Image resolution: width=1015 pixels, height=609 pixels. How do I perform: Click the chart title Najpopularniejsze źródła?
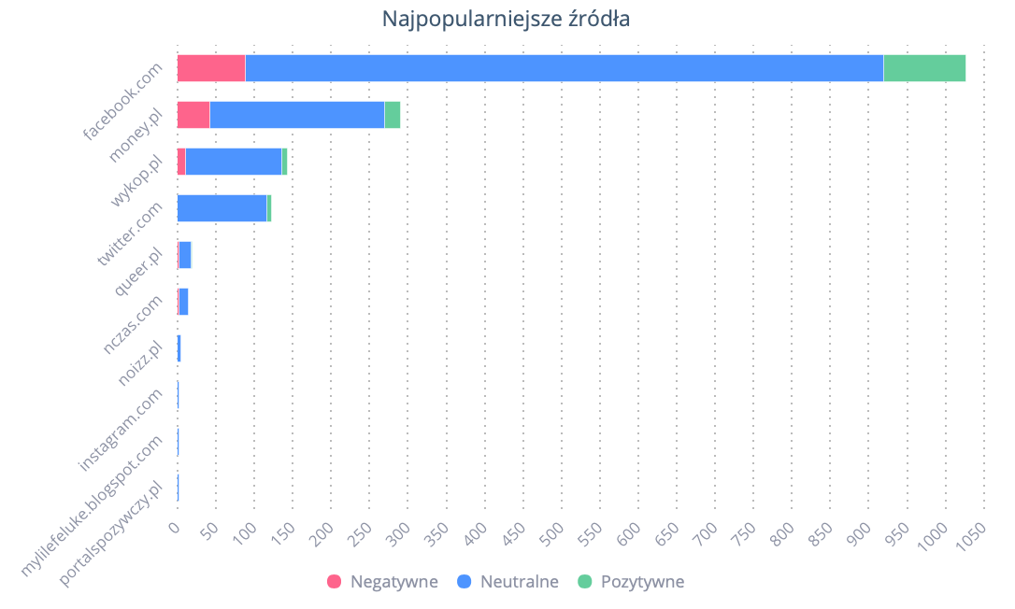(506, 19)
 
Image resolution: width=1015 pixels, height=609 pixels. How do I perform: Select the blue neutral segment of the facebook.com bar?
(564, 68)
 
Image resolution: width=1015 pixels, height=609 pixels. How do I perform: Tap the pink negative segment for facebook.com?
(211, 68)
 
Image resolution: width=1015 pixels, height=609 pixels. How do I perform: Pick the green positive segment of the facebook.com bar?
(923, 68)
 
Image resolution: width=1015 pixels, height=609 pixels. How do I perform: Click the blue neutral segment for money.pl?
(296, 115)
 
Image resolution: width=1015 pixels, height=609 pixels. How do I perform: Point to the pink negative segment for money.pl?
(193, 115)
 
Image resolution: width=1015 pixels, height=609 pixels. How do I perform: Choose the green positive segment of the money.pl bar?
(392, 115)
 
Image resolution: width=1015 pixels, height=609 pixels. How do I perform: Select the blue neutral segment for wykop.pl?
(234, 162)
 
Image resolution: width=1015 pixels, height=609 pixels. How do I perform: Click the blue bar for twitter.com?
(222, 208)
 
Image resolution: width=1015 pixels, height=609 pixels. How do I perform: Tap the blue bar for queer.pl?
(185, 255)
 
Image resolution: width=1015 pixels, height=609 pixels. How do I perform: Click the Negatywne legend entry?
(382, 582)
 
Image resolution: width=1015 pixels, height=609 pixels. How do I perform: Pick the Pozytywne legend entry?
(631, 582)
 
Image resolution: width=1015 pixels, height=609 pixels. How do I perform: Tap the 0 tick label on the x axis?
(175, 529)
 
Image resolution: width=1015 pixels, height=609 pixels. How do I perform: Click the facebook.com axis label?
(123, 101)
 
